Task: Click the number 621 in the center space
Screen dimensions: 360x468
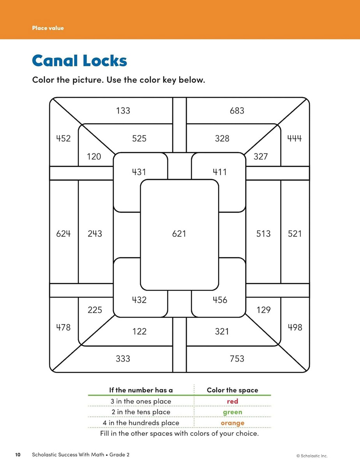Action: point(179,234)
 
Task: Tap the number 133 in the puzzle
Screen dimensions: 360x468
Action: point(123,111)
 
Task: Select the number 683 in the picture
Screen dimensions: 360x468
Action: point(237,111)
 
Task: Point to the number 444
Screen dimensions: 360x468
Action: point(295,138)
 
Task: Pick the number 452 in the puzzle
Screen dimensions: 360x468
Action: point(64,138)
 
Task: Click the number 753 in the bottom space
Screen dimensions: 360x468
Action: point(237,359)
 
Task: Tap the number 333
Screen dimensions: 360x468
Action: point(123,359)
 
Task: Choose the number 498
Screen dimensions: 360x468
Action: point(295,327)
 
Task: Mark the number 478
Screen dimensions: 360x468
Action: point(64,327)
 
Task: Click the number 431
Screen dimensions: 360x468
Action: point(139,172)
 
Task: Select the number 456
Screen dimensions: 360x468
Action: point(220,300)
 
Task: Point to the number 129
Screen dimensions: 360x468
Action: point(263,310)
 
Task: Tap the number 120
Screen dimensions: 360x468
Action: point(94,156)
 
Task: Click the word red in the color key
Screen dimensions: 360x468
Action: point(233,401)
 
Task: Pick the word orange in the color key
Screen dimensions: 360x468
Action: point(233,423)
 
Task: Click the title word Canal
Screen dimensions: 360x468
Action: point(55,60)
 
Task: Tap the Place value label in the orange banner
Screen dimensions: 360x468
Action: point(48,28)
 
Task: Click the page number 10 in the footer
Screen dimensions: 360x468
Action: point(18,455)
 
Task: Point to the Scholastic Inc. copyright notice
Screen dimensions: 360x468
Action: point(312,456)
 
